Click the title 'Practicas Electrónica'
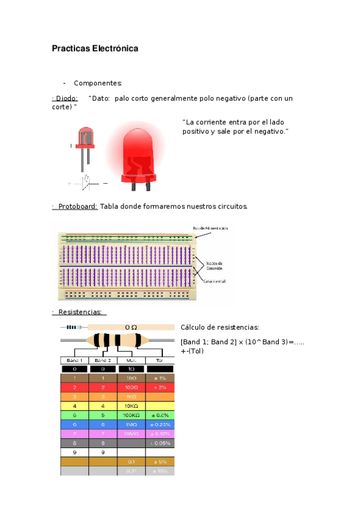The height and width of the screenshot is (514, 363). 95,48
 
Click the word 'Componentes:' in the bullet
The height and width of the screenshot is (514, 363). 98,83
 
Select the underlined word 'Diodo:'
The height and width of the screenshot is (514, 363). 66,98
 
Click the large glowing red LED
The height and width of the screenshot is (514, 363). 140,152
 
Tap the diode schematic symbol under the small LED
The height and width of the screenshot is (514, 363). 86,181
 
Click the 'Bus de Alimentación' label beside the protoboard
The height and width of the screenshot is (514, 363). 210,228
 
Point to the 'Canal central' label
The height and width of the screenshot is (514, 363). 216,282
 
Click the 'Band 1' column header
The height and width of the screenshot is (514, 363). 74,360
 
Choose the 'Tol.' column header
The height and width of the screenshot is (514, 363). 160,360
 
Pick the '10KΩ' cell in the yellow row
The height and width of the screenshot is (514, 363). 131,406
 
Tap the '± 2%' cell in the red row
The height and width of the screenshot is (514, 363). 160,387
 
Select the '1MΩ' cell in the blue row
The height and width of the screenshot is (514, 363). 131,424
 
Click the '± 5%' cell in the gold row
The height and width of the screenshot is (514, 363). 160,461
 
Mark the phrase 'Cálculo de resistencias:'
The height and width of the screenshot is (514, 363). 219,327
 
